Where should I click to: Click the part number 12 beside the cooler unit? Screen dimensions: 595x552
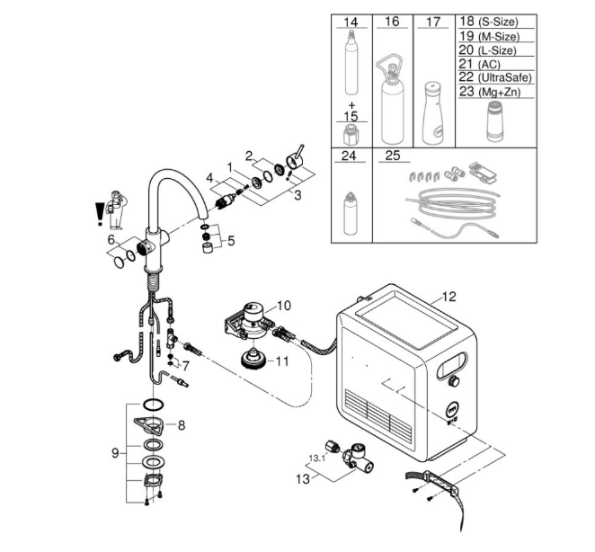pyautogui.click(x=448, y=297)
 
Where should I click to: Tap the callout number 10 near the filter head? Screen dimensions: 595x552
pyautogui.click(x=284, y=306)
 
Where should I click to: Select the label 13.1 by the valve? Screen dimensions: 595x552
pyautogui.click(x=317, y=459)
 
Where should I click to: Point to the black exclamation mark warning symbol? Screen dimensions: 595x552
pyautogui.click(x=100, y=215)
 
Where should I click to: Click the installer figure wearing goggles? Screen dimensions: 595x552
pyautogui.click(x=117, y=210)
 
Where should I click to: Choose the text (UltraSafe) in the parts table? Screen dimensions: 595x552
pyautogui.click(x=505, y=78)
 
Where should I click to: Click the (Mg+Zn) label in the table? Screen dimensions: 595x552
pyautogui.click(x=499, y=92)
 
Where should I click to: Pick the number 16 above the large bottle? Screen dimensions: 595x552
pyautogui.click(x=392, y=22)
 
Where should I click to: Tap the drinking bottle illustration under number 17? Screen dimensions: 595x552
pyautogui.click(x=433, y=112)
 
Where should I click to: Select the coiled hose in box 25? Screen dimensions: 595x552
pyautogui.click(x=453, y=205)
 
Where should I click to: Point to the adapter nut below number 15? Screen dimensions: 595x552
pyautogui.click(x=351, y=135)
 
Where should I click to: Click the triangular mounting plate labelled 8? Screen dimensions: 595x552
pyautogui.click(x=148, y=424)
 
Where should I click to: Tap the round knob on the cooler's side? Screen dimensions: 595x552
pyautogui.click(x=452, y=381)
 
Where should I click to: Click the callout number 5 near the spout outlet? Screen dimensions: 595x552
pyautogui.click(x=231, y=241)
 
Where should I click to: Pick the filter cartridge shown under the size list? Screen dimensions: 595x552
pyautogui.click(x=495, y=120)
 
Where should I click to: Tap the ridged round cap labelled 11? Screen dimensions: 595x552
pyautogui.click(x=253, y=359)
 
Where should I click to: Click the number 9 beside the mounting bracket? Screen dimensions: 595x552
pyautogui.click(x=115, y=453)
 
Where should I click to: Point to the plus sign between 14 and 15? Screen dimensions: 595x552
pyautogui.click(x=351, y=105)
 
